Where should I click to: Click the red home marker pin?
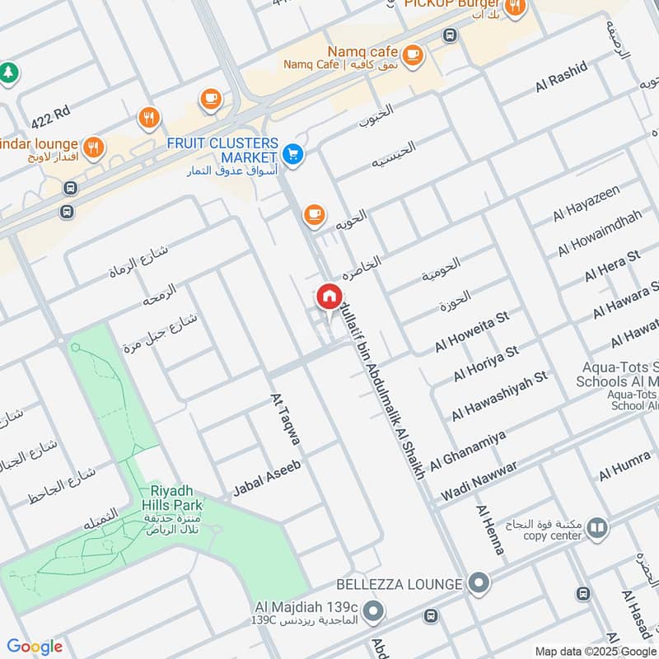point(328,296)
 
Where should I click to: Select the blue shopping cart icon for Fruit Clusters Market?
point(292,153)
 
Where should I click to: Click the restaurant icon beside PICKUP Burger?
point(515,8)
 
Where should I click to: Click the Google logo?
point(35,647)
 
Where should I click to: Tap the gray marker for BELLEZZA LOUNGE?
point(477,584)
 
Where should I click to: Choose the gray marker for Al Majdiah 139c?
point(373,611)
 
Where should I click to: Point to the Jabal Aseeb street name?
point(267,477)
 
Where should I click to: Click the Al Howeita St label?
point(481,327)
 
